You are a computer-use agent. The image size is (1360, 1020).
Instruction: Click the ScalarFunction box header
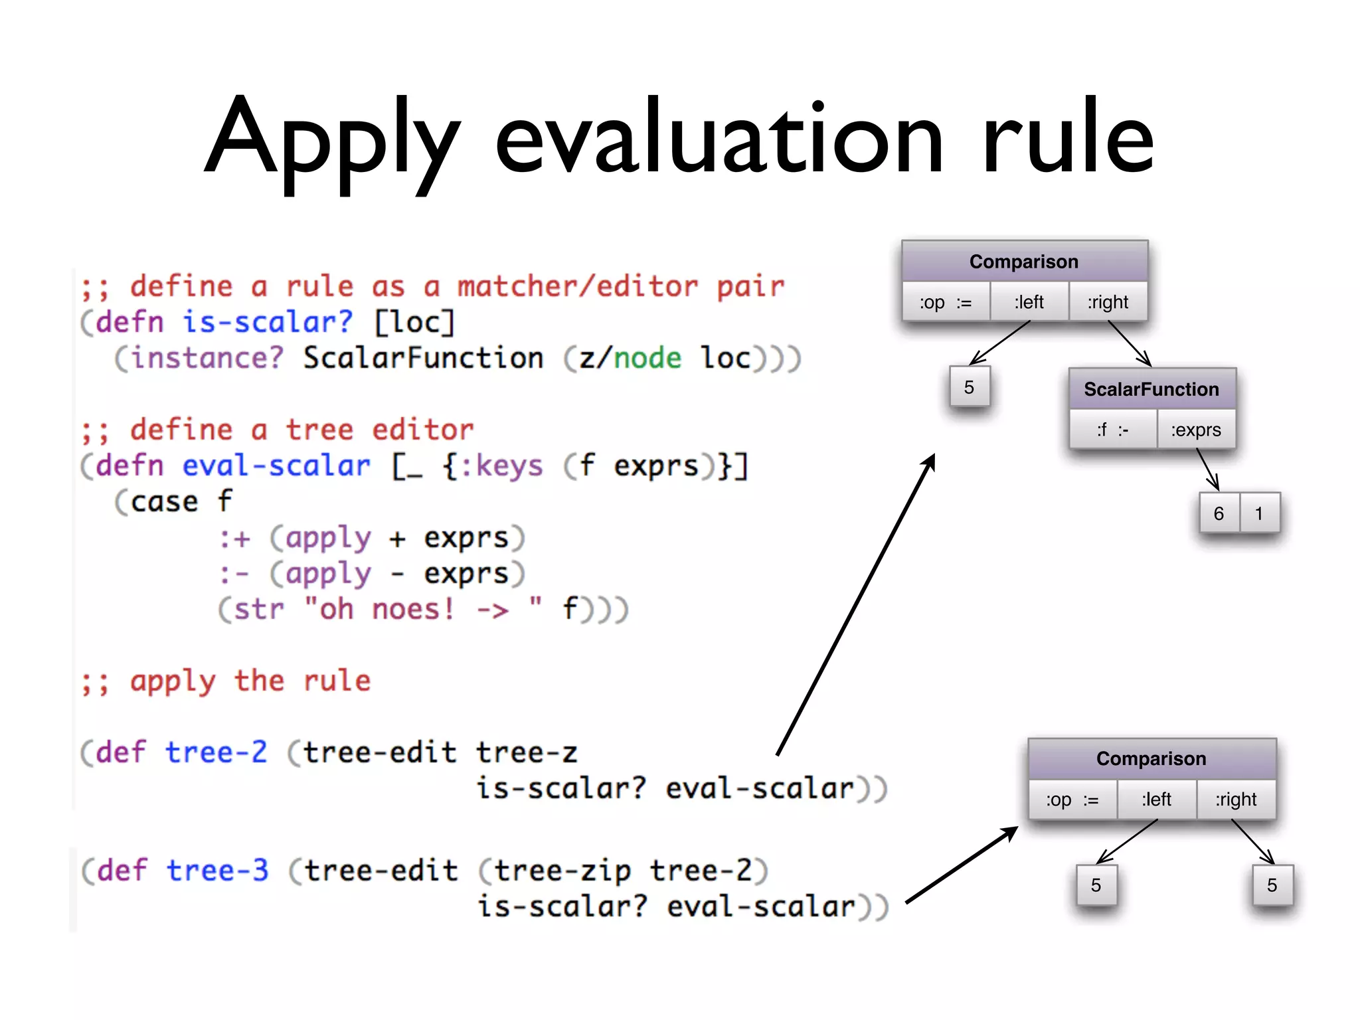[1151, 389]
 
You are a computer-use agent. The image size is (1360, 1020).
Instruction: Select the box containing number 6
[1219, 513]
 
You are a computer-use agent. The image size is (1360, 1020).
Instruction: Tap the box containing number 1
[1259, 513]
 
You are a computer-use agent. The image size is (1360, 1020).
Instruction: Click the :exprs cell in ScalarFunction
[1195, 430]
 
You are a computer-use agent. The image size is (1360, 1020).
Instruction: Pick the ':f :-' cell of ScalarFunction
[1113, 430]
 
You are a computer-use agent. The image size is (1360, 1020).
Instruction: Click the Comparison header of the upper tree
[1024, 262]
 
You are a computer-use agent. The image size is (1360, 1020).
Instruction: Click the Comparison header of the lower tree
[1151, 758]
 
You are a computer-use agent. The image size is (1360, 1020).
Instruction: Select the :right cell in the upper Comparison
[1108, 302]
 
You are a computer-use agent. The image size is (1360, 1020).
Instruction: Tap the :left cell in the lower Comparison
[1156, 800]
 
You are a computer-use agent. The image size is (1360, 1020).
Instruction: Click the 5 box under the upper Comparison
[969, 387]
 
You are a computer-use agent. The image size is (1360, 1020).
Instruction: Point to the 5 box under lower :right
[1272, 885]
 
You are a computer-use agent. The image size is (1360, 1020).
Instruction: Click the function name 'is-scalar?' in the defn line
[268, 323]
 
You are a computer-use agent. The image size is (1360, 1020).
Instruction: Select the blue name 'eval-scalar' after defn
[276, 466]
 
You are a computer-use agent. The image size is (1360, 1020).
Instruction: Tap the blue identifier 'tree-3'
[217, 871]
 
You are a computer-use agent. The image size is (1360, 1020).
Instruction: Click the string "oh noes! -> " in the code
[423, 609]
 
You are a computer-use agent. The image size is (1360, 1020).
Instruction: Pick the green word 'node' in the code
[647, 359]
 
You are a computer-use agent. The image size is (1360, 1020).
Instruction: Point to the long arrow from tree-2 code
[857, 604]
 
